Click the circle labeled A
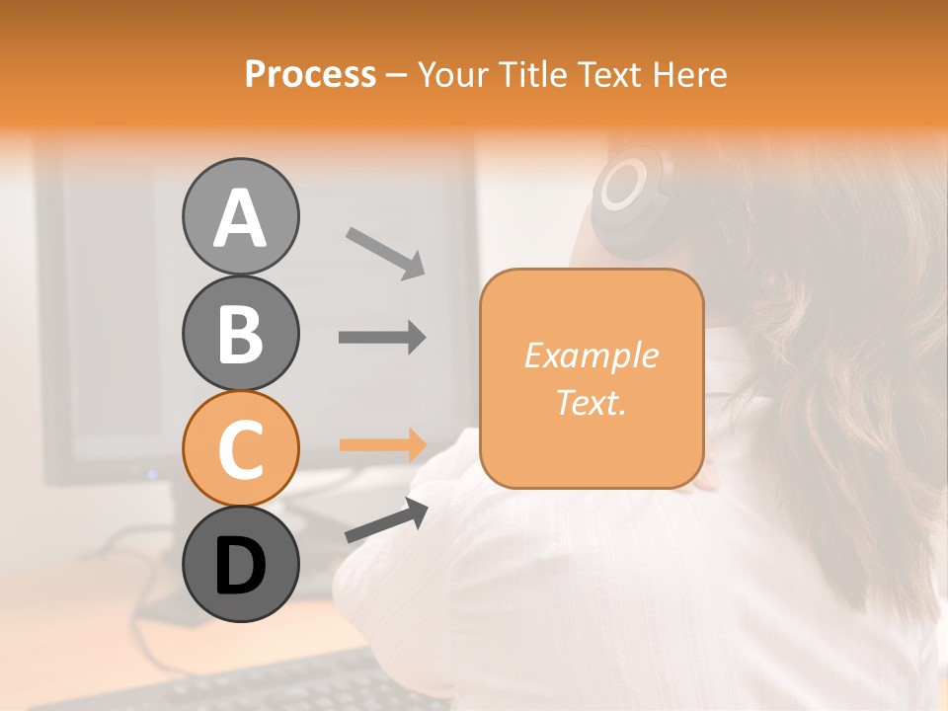click(240, 216)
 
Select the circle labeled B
click(240, 333)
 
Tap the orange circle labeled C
click(240, 448)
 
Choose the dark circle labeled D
click(240, 564)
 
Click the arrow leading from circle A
click(384, 252)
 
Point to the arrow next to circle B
click(382, 338)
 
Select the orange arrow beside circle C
click(382, 443)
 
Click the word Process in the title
click(310, 75)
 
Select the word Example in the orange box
click(591, 355)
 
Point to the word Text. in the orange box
click(591, 402)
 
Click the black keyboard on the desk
click(247, 686)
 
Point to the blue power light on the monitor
click(152, 475)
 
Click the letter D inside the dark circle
click(240, 567)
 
